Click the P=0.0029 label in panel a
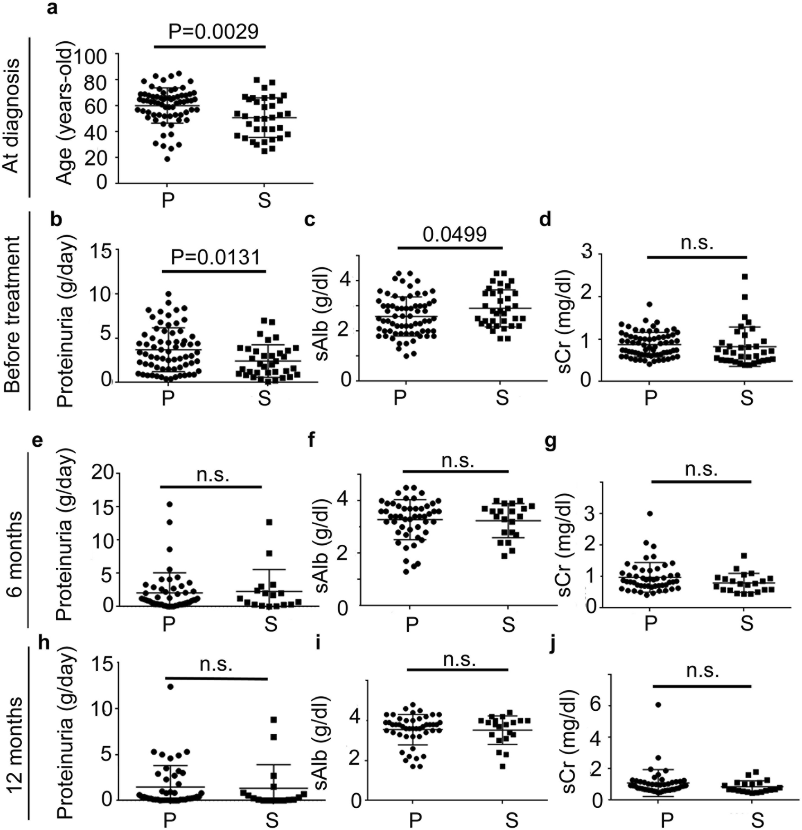pyautogui.click(x=213, y=32)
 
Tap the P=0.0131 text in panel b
pyautogui.click(x=216, y=257)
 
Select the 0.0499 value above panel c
pyautogui.click(x=454, y=234)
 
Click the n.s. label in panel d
pyautogui.click(x=697, y=243)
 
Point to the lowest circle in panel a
pyautogui.click(x=167, y=159)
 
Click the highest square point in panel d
pyautogui.click(x=744, y=276)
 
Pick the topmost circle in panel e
pyautogui.click(x=169, y=504)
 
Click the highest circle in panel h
pyautogui.click(x=170, y=686)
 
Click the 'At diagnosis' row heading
pyautogui.click(x=13, y=115)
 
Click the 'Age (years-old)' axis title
pyautogui.click(x=65, y=112)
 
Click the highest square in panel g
pyautogui.click(x=744, y=556)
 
